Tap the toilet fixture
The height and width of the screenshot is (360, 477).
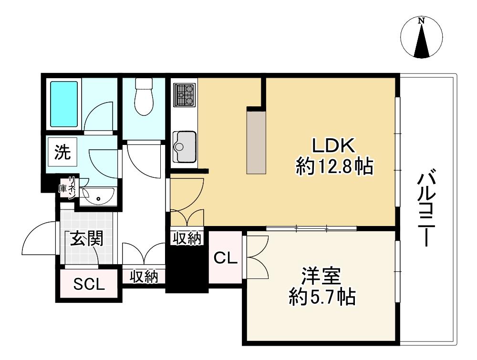[144, 97]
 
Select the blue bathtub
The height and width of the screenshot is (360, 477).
[64, 104]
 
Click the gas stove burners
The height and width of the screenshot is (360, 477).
[184, 95]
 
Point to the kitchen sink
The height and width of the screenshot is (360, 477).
[184, 146]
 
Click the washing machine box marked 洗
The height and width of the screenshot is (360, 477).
[62, 152]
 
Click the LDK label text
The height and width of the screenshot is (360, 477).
[334, 146]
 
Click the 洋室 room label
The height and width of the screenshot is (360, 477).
[321, 276]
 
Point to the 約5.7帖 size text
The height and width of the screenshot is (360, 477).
[322, 297]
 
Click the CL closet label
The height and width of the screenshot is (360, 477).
[226, 258]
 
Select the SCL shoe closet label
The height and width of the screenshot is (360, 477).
[89, 284]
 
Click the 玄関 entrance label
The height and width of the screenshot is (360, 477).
[87, 239]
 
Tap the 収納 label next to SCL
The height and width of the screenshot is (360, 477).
[144, 277]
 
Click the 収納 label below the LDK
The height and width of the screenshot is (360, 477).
[187, 238]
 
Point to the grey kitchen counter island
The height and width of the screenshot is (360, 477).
[256, 142]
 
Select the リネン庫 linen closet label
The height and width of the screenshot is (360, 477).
[68, 188]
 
